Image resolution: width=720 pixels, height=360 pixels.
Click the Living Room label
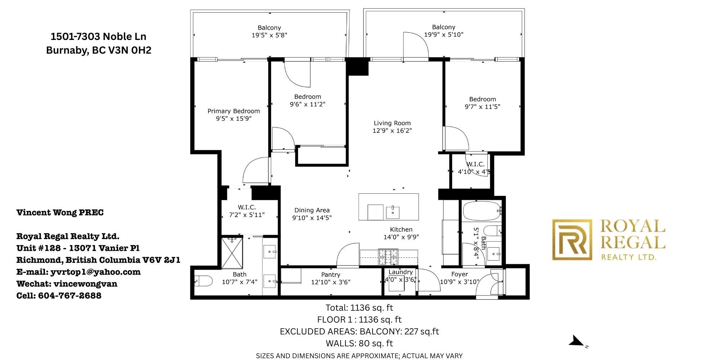point(392,123)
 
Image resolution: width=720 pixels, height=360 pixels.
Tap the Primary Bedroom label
point(234,111)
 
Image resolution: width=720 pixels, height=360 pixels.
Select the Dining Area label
point(312,210)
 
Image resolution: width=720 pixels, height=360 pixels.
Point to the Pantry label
point(330,275)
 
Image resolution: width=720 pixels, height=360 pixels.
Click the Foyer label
point(459,274)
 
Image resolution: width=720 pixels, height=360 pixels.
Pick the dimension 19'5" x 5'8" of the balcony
point(269,35)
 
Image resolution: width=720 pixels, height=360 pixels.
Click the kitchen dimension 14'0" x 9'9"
point(401,237)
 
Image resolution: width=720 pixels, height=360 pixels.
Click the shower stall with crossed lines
point(233,253)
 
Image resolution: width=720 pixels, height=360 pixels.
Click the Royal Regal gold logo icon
point(572,240)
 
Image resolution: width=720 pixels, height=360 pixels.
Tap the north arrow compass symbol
point(577,341)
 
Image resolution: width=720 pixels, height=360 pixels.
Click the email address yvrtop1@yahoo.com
point(96,272)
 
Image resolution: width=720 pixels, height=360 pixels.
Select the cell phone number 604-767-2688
point(70,296)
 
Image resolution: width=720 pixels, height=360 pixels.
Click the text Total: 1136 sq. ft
point(359,308)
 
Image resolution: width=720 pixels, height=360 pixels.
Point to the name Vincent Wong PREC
point(60,212)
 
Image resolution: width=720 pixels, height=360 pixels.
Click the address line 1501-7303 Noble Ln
point(98,36)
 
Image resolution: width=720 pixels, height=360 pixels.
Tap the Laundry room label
point(400,272)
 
